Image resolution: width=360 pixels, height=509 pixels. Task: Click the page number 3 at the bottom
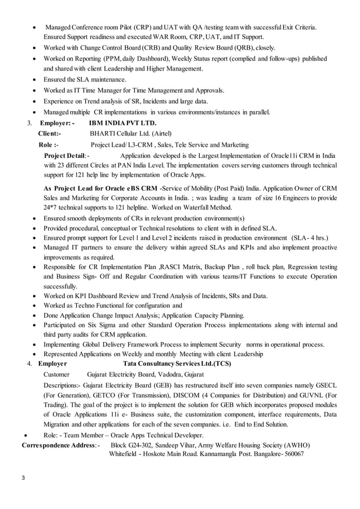tap(23, 479)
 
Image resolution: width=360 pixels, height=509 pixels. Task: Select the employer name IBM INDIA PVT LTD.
tap(122, 122)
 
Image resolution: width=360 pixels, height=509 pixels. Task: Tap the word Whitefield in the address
tap(125, 454)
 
